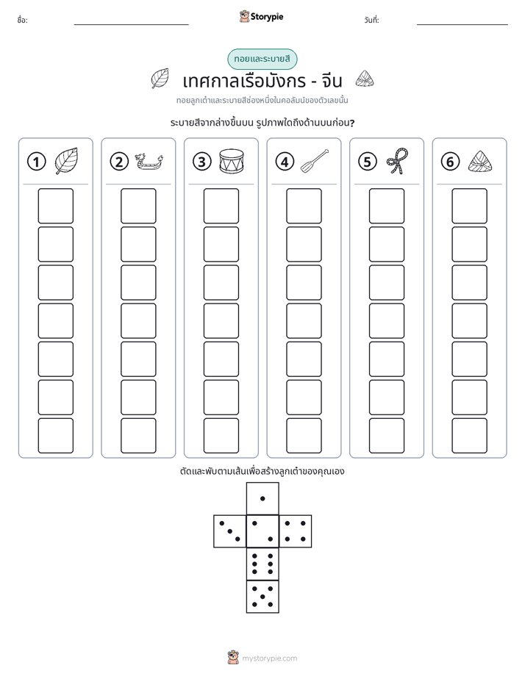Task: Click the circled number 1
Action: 36,162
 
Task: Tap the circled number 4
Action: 285,162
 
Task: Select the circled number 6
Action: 450,162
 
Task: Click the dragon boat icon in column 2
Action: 149,162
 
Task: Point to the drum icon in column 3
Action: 232,162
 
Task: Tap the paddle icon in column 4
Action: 315,161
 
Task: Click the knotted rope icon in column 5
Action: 398,161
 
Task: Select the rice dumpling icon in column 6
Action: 480,161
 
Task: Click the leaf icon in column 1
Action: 66,161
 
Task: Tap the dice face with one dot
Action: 262,498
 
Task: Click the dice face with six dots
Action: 262,564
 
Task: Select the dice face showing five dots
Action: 262,597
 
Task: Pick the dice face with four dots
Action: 296,531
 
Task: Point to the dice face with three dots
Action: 230,531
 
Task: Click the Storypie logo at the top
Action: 261,17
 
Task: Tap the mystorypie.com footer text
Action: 269,658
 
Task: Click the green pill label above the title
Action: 262,60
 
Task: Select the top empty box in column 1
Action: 55,206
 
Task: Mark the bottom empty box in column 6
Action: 469,436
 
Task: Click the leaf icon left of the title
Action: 160,79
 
